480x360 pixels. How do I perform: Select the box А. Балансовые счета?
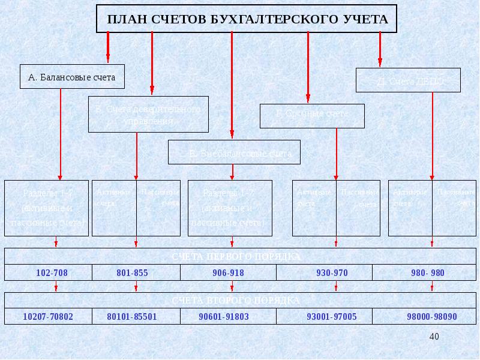(72, 76)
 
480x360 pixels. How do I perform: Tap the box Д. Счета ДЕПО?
(408, 80)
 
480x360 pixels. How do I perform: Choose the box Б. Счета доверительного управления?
(148, 114)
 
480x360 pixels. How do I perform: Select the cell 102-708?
(52, 273)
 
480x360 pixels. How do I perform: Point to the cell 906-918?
(228, 273)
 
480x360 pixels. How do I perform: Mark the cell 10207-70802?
(48, 316)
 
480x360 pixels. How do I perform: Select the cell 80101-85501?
(132, 316)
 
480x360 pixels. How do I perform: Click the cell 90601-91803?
(224, 316)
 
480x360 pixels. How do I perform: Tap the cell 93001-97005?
(332, 316)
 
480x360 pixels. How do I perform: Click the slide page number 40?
(434, 337)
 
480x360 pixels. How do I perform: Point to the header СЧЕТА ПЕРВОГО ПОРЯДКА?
(236, 256)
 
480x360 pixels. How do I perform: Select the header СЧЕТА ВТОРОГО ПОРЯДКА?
(236, 299)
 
